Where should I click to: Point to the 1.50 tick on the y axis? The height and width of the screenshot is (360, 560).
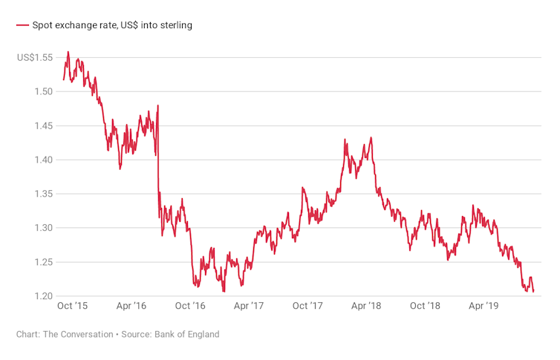45,91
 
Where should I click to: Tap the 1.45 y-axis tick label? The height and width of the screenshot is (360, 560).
45,125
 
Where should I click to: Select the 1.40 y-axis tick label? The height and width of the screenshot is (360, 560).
45,160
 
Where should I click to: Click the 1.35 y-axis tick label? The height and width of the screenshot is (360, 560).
45,194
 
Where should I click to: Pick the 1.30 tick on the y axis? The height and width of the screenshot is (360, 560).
45,228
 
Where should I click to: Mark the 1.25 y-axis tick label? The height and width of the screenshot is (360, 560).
45,262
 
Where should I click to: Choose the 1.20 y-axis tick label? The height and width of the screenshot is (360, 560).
45,296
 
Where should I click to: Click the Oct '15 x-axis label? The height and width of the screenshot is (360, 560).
73,306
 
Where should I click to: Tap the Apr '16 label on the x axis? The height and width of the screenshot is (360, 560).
131,306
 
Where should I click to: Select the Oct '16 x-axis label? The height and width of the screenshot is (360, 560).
190,306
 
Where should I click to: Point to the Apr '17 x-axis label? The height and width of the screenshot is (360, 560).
249,306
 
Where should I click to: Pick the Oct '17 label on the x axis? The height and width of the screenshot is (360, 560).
307,306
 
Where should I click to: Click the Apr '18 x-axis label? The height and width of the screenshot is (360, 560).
366,306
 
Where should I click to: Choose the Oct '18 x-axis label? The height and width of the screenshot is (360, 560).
426,306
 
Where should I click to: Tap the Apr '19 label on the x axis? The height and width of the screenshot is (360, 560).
484,306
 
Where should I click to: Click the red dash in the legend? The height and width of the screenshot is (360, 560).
22,25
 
